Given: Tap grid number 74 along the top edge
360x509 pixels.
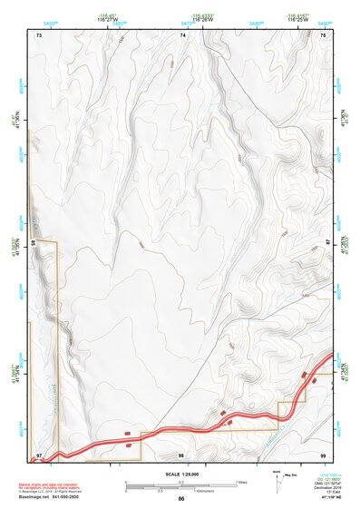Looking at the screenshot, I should [183, 34].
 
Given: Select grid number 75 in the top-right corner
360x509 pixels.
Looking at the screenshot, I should [324, 34].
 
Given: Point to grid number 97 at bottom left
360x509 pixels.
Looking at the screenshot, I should [40, 454].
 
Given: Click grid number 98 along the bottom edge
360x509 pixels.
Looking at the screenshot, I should [181, 454].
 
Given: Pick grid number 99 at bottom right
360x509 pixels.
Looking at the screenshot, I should [324, 454].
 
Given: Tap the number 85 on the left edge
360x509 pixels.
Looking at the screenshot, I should [34, 243].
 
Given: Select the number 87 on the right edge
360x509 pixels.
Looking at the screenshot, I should [328, 243].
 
